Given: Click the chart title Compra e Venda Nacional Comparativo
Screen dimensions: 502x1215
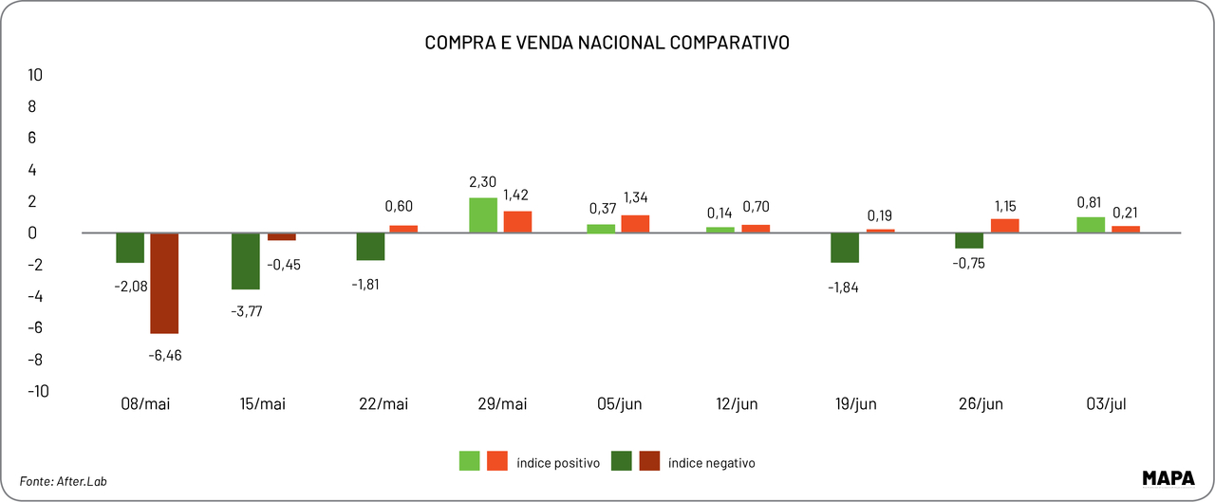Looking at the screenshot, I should [x=607, y=43].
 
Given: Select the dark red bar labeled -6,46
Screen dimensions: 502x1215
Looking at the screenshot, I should [x=164, y=283].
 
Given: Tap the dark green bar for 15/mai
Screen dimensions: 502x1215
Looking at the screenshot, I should [x=247, y=261].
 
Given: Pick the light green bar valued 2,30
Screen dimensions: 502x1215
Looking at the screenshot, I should [x=483, y=215].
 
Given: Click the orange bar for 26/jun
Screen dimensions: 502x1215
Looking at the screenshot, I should [x=1004, y=226].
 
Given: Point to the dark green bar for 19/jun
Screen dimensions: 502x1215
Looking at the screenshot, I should [x=845, y=248].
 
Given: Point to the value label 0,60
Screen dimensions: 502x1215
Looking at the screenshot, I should [x=400, y=206].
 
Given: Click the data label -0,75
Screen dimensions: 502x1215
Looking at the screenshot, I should [x=968, y=264].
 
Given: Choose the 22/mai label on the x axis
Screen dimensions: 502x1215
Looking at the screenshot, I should [x=384, y=404].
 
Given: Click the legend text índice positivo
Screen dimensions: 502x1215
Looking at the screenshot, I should [x=558, y=463].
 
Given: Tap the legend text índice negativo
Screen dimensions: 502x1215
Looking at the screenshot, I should [x=711, y=463].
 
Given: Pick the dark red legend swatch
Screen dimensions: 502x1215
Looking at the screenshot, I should [x=649, y=461].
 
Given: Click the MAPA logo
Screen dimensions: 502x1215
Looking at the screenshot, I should [x=1168, y=477].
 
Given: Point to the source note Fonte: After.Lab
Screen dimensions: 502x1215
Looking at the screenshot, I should [x=64, y=481].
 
